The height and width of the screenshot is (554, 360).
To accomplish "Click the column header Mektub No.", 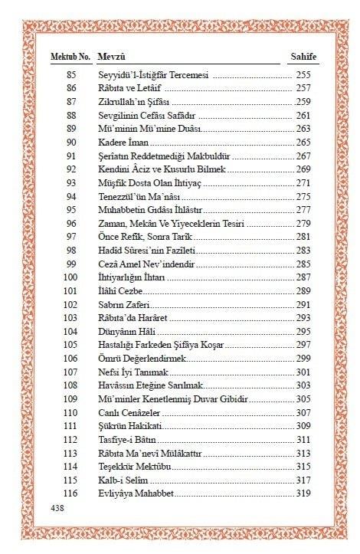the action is (x=70, y=57).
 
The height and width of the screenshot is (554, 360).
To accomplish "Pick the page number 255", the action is (x=304, y=77).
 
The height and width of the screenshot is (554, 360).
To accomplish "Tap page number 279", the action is (x=304, y=223).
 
